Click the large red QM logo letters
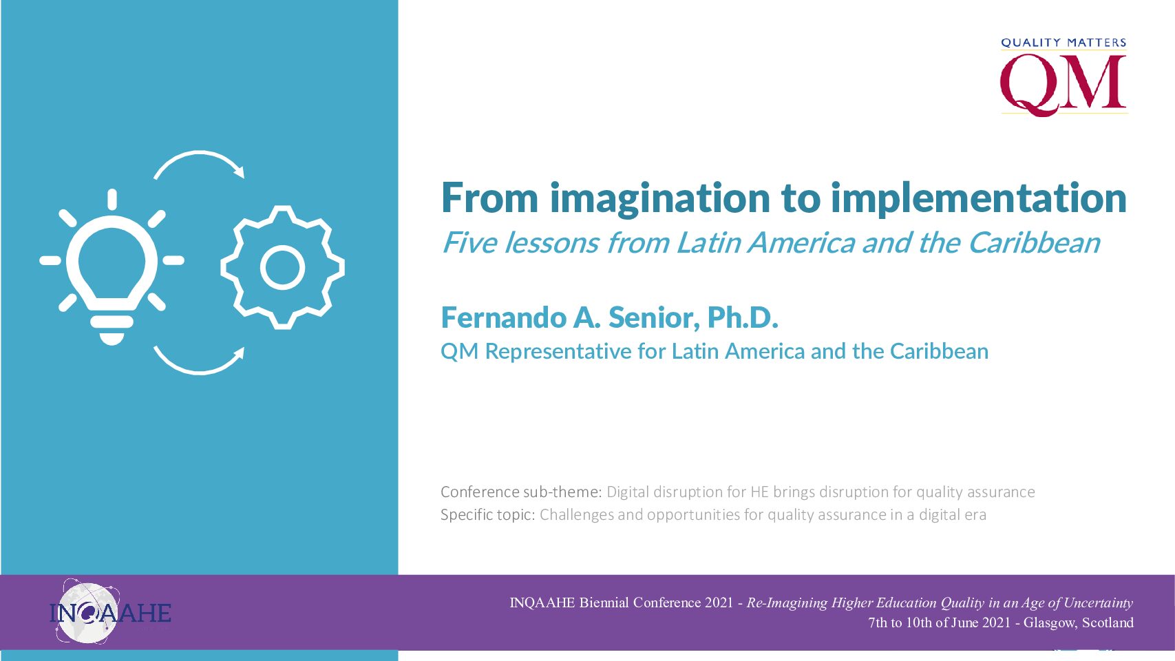coord(1063,84)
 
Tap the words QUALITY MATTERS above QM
coord(1063,43)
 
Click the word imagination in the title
coord(660,199)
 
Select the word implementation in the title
coord(979,199)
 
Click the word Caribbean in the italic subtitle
coord(1034,243)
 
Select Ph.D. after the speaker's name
coord(742,317)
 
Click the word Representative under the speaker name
coord(558,352)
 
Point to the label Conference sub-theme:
coord(521,492)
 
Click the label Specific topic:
coord(487,515)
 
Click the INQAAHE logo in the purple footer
coord(110,612)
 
